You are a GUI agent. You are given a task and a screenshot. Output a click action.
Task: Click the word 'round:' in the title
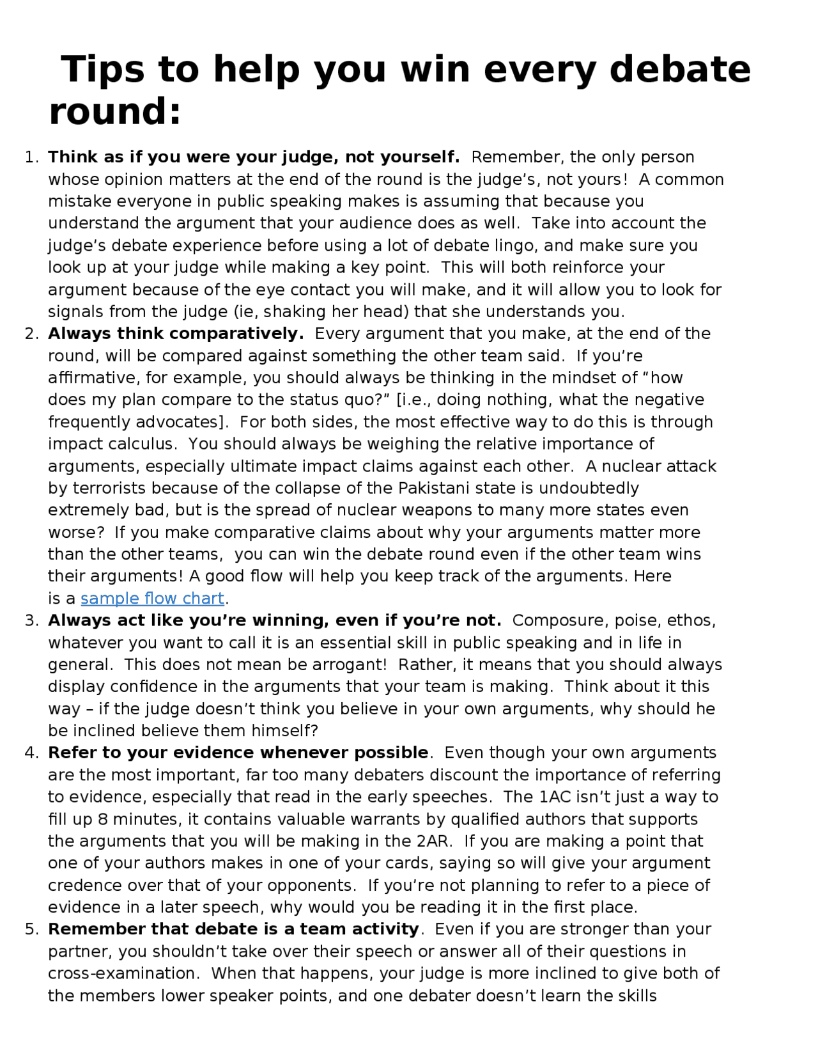(115, 111)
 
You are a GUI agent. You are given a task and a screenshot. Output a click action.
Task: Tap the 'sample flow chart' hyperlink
(152, 599)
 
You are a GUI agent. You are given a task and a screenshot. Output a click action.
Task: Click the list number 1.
(31, 157)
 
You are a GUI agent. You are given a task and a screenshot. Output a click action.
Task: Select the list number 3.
(31, 621)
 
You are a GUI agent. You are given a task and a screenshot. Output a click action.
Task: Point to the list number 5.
(31, 929)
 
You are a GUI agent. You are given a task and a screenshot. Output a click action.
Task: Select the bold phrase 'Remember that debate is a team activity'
(233, 929)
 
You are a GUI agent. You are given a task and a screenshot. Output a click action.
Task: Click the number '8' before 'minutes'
(103, 819)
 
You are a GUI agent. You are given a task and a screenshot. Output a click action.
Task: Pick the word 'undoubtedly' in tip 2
(589, 489)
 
